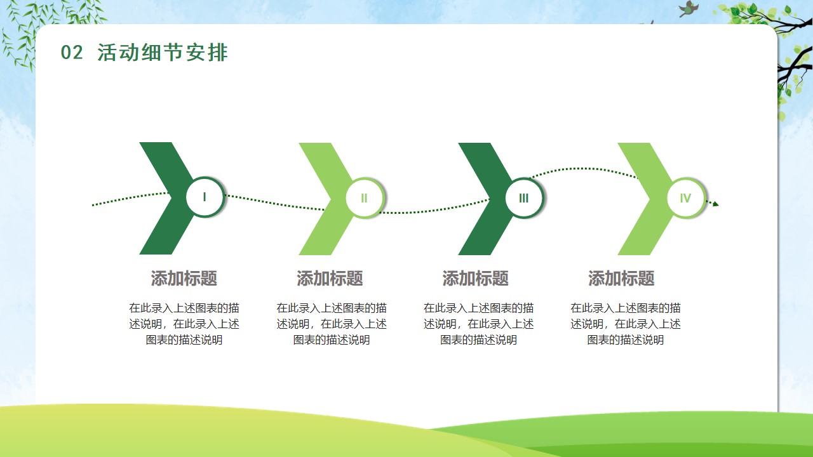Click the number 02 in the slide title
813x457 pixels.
coord(72,53)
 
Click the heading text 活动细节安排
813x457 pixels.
coord(162,53)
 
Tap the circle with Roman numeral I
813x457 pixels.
coord(205,197)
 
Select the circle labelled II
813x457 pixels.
coord(365,198)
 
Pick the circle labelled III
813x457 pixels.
coord(524,198)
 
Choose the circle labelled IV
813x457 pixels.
coord(685,198)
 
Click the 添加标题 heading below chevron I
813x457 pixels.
coord(184,279)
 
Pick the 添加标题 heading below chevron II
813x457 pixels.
coord(330,279)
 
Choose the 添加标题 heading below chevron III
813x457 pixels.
coord(476,279)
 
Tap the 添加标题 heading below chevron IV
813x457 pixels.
coord(621,279)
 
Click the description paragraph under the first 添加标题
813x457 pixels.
coord(184,324)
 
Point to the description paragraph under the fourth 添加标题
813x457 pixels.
coord(626,324)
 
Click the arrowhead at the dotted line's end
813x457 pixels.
coord(715,204)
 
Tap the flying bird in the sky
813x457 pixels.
coord(688,8)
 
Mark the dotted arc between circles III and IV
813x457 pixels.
coord(584,169)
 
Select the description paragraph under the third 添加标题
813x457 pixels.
coord(478,324)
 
